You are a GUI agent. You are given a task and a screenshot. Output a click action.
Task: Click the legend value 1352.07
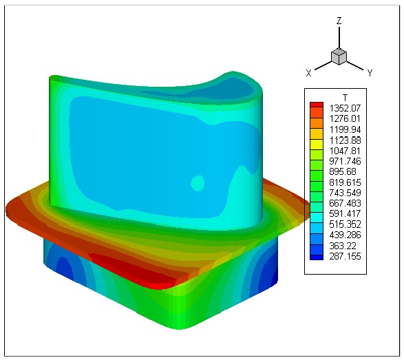pos(345,108)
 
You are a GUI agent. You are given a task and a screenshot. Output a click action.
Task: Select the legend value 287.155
pos(345,257)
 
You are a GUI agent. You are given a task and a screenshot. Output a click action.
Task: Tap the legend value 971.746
pos(345,161)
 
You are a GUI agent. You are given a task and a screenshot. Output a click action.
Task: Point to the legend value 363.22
pos(343,246)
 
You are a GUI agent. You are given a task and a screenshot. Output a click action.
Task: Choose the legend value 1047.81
pos(345,151)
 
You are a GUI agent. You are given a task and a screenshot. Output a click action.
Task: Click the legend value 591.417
pos(345,214)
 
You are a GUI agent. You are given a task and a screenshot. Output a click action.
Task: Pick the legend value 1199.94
pos(345,129)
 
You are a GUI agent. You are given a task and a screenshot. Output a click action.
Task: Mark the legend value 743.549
pos(345,193)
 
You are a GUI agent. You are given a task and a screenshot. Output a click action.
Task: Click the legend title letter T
pos(345,98)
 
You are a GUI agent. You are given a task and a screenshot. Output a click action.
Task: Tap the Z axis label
pos(339,21)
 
